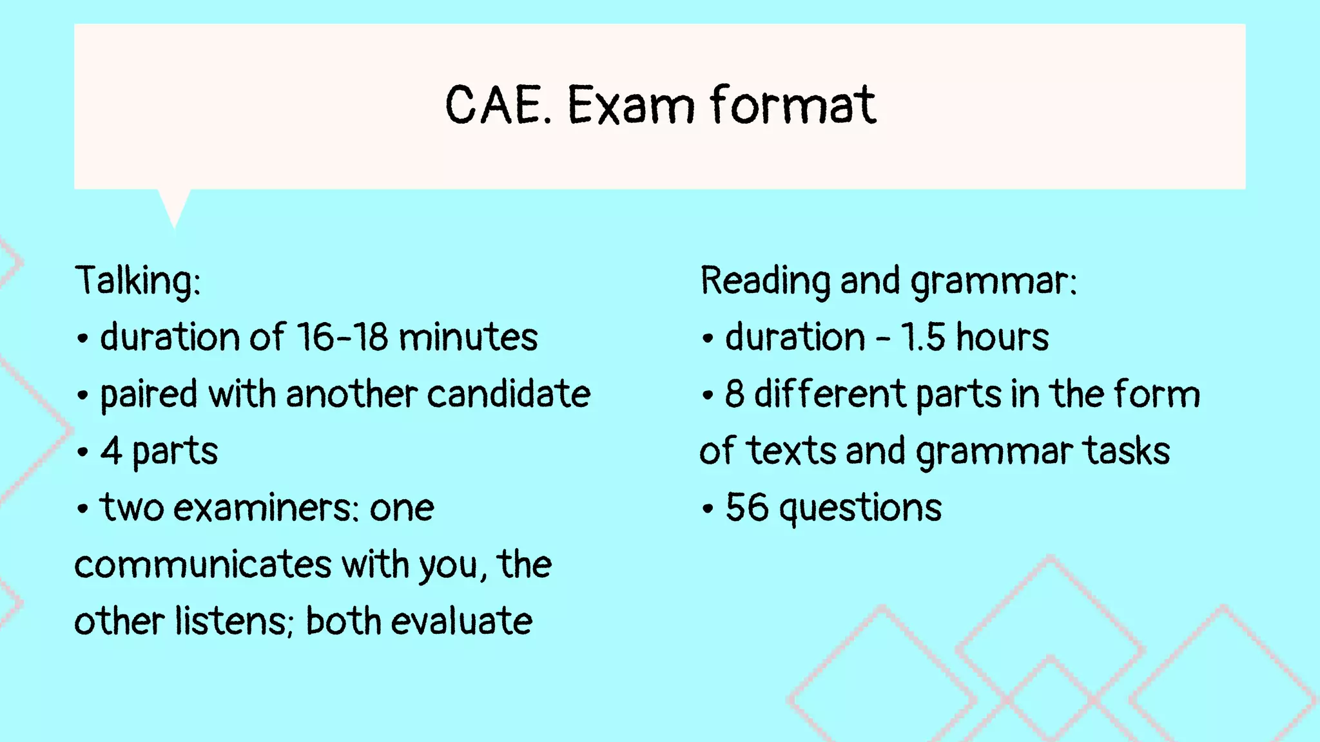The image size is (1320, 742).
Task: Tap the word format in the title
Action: tap(793, 105)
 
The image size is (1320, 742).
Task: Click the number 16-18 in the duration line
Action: tap(342, 337)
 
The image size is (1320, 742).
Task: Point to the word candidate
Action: tap(509, 394)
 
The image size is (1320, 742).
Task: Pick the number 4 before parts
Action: tap(111, 451)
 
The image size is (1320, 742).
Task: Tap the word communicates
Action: tap(203, 565)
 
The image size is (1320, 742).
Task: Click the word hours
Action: tap(1002, 337)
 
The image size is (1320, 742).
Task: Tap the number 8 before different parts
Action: tap(735, 394)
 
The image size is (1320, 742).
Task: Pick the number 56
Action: tap(747, 508)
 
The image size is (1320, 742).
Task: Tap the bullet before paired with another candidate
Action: tap(82, 395)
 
